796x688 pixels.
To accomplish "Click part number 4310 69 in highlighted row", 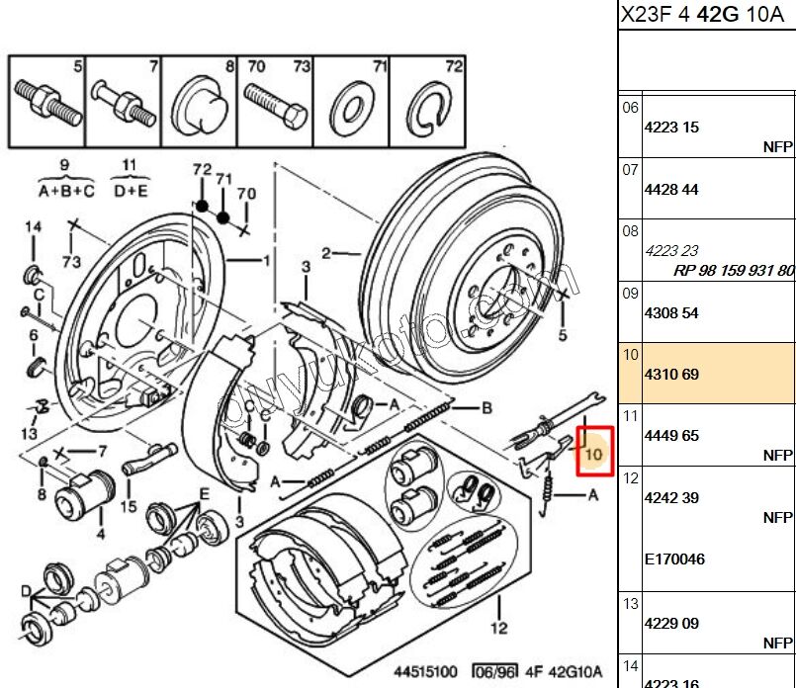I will (x=671, y=376).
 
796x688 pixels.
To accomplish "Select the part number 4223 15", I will (x=671, y=128).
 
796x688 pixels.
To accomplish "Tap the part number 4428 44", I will (x=671, y=190).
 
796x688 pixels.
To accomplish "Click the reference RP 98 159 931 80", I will (x=733, y=270).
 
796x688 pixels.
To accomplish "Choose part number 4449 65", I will (x=671, y=435).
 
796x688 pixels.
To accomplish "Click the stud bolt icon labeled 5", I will (x=46, y=102).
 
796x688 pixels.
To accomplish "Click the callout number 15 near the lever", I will (x=129, y=507).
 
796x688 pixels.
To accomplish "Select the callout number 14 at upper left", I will (x=34, y=227).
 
